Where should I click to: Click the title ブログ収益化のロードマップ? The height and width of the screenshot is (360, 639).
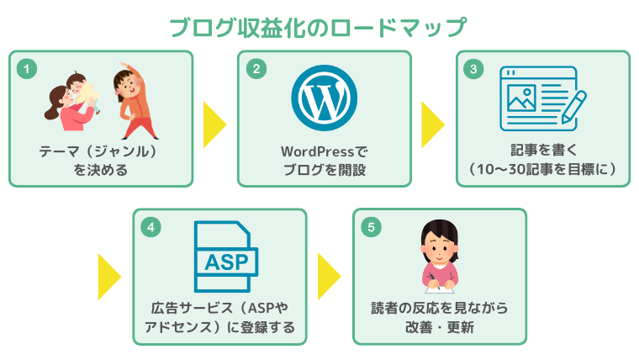point(318,27)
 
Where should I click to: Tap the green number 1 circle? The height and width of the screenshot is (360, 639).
point(27,68)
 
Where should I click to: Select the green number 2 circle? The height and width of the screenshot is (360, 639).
point(256,68)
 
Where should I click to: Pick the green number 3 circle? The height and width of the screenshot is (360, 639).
point(475,68)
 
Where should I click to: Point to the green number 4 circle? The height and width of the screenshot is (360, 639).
point(151,226)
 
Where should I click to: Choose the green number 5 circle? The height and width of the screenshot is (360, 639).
point(371,226)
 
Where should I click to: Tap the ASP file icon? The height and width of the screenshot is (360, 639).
point(221,253)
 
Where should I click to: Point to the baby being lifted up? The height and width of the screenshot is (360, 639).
point(80,90)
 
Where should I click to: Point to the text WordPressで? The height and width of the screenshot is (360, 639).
point(324,152)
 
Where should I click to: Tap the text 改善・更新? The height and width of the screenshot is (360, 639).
point(439,327)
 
